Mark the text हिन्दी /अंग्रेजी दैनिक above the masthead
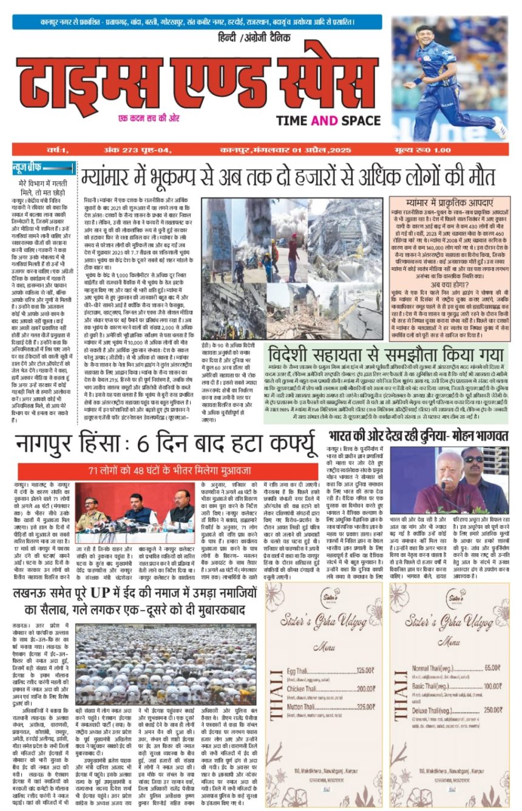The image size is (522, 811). (260, 38)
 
